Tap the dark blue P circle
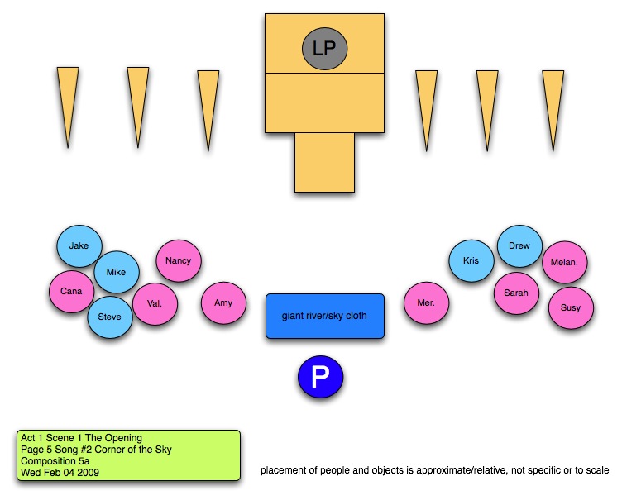click(320, 378)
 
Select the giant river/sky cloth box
click(325, 316)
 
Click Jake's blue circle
click(79, 245)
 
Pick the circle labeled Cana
click(71, 291)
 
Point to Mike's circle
click(117, 272)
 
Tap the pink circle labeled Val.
click(155, 303)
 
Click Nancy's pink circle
click(178, 261)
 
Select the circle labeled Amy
click(223, 303)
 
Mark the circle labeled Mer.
click(426, 303)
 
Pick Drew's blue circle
click(519, 246)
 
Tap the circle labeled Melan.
click(565, 264)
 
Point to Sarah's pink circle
click(516, 293)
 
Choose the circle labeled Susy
click(571, 308)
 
